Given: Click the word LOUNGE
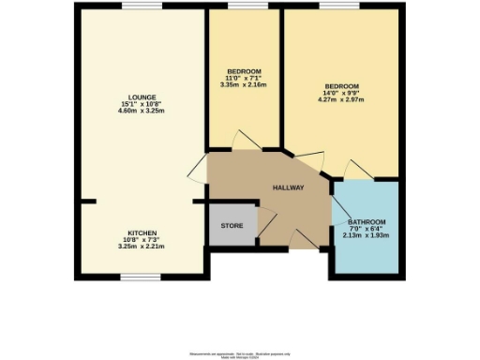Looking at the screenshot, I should click(x=142, y=96).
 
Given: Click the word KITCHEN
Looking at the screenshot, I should click(x=142, y=232).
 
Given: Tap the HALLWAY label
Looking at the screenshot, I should click(x=289, y=188).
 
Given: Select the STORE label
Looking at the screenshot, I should click(x=232, y=226).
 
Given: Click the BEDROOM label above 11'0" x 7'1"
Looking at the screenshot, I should click(x=244, y=72).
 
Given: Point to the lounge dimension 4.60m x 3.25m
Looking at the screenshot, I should click(x=142, y=111).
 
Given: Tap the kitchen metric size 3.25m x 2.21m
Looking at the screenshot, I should click(x=142, y=247).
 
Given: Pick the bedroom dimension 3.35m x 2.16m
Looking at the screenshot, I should click(x=244, y=87).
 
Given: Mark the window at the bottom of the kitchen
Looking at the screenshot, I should click(x=140, y=277).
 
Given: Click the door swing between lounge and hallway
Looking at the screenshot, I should click(x=198, y=172).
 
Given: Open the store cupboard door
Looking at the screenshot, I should click(x=266, y=221).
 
